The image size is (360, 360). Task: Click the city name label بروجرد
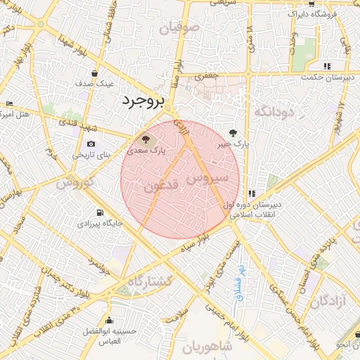[141, 100]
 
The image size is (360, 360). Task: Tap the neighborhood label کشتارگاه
[146, 281]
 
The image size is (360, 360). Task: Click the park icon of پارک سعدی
[146, 138]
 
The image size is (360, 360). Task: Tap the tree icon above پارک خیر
[233, 131]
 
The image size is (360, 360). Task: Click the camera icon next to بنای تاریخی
[90, 143]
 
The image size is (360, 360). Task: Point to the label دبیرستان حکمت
[333, 77]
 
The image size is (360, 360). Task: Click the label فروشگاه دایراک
[307, 13]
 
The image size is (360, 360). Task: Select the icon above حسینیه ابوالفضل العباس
[109, 320]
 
